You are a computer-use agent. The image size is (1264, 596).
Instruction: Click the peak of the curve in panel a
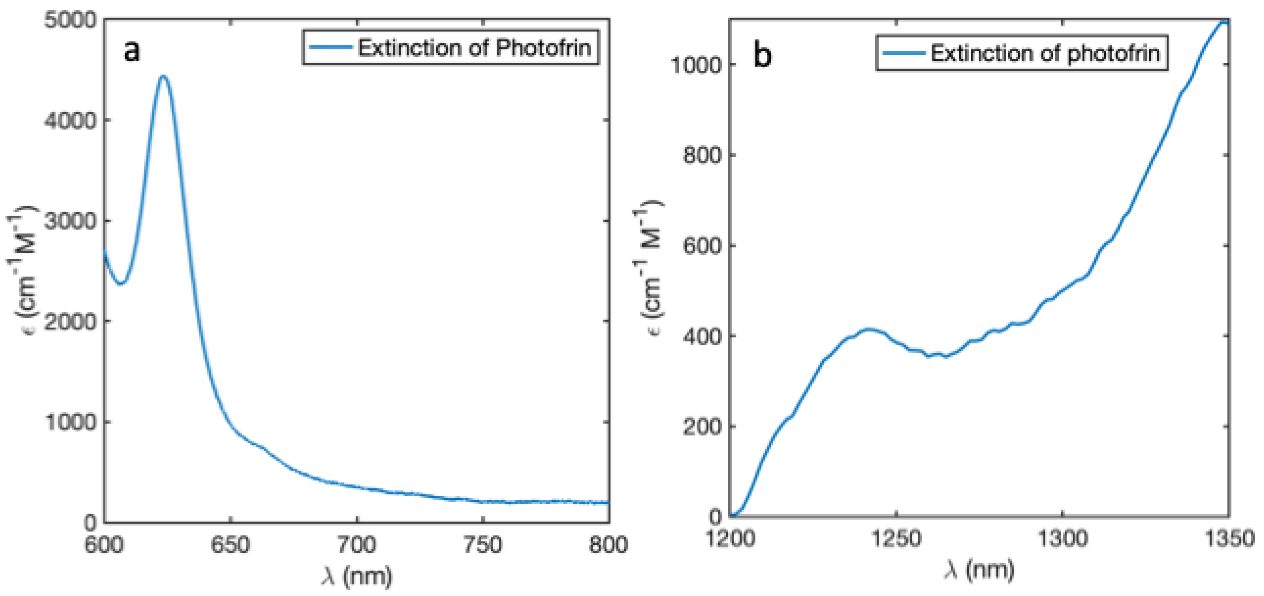[x=163, y=77]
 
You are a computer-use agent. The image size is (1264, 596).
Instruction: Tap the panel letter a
[x=131, y=50]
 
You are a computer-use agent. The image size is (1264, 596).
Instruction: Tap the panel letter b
[x=762, y=55]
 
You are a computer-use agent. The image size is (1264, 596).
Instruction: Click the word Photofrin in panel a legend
[x=543, y=47]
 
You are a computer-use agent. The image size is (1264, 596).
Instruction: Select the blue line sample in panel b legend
[x=903, y=53]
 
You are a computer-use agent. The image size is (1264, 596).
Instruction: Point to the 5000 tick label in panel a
[x=71, y=21]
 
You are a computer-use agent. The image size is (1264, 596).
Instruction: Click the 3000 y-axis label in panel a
[x=71, y=221]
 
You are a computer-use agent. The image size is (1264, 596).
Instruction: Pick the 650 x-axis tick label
[x=230, y=545]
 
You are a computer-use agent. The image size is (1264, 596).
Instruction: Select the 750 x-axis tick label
[x=483, y=545]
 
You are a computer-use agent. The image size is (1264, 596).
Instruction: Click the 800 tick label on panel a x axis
[x=608, y=545]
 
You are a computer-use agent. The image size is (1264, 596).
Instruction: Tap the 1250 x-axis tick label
[x=896, y=539]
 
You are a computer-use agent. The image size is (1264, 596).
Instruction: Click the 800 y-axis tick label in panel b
[x=702, y=156]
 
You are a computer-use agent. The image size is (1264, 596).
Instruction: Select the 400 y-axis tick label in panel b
[x=702, y=336]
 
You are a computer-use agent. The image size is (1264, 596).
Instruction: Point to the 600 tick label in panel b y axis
[x=702, y=246]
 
